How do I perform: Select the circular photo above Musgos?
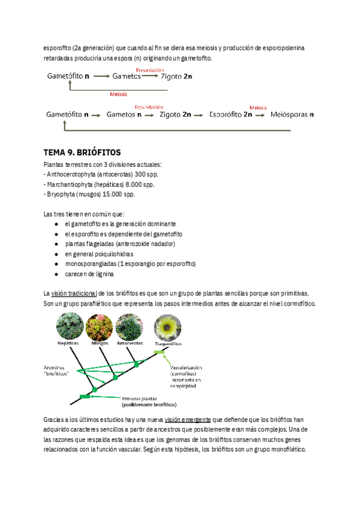click(99, 328)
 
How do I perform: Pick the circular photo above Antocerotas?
click(130, 328)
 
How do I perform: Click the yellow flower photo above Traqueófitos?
click(164, 327)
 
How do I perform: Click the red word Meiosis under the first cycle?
click(119, 94)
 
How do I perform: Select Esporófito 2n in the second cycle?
click(230, 114)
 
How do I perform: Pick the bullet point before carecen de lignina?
click(56, 274)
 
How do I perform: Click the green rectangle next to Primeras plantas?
click(85, 397)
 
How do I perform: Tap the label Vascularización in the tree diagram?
click(186, 366)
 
